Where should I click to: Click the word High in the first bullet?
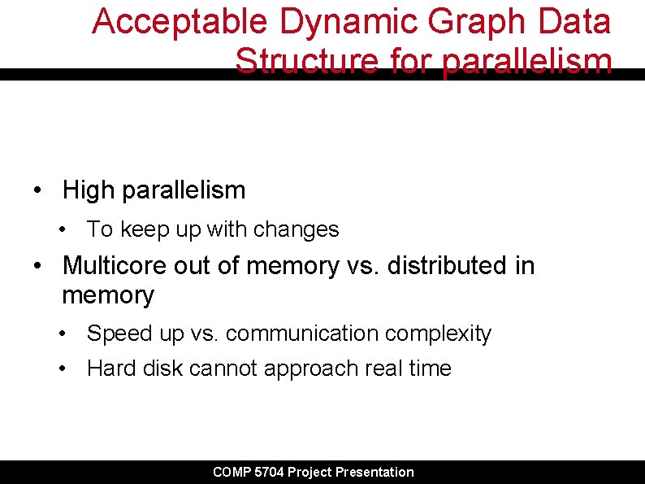click(x=89, y=190)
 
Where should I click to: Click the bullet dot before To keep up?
click(x=63, y=230)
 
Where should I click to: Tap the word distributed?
click(x=445, y=265)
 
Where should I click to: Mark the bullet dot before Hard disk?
click(x=63, y=369)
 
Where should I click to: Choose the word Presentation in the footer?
click(x=374, y=472)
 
